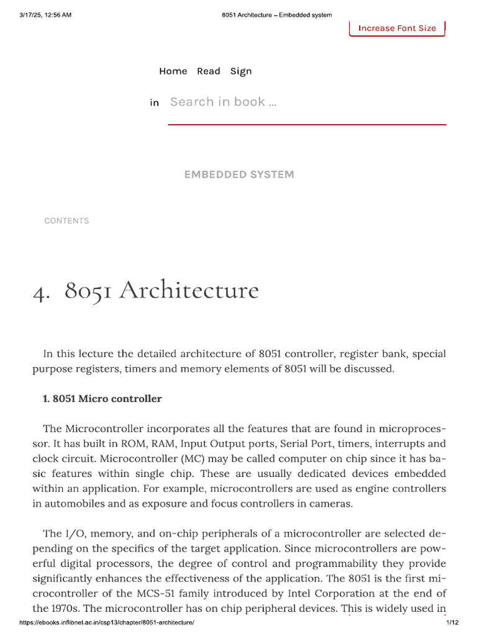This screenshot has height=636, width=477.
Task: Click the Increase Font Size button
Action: coord(397,28)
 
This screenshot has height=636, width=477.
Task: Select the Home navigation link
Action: coord(173,71)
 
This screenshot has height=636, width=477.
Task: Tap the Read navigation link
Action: coord(209,71)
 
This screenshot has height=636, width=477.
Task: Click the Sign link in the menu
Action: coord(241,71)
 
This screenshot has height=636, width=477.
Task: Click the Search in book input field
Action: coord(307,102)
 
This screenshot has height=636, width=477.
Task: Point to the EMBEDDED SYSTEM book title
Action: coord(239,175)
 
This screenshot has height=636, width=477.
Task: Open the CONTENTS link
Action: coord(66,220)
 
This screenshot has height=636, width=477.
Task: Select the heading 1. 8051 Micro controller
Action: coord(102,399)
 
